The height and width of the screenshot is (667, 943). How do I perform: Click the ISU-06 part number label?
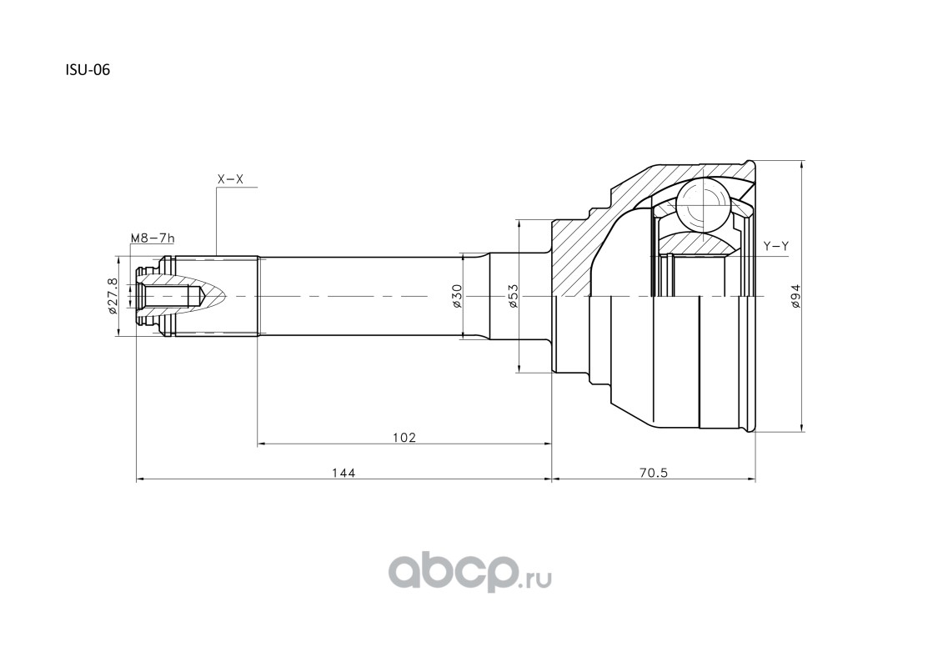(x=88, y=71)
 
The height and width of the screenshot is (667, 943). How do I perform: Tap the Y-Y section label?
(x=776, y=246)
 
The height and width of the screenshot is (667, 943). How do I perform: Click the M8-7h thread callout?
(x=152, y=239)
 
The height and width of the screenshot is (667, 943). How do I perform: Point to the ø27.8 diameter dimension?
(x=113, y=297)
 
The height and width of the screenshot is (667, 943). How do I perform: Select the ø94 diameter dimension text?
(x=795, y=297)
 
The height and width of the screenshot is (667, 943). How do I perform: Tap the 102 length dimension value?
(x=404, y=437)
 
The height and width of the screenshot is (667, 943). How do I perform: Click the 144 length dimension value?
(x=343, y=472)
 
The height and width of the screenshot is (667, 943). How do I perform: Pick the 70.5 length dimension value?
(x=655, y=472)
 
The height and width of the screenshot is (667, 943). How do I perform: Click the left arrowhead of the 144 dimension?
(x=139, y=479)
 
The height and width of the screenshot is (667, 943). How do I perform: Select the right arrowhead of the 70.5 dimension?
(x=753, y=479)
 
